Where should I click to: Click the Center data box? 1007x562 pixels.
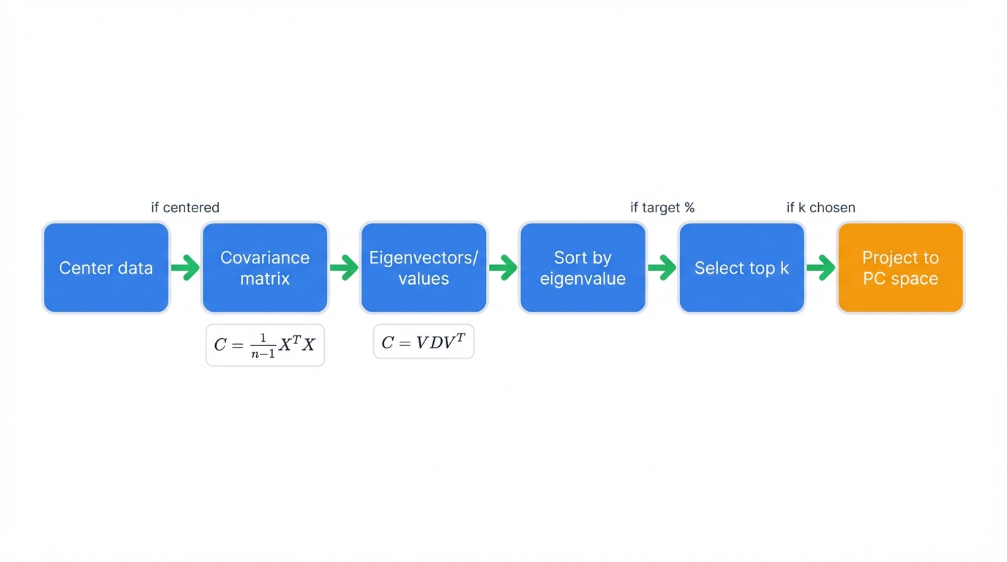pyautogui.click(x=106, y=268)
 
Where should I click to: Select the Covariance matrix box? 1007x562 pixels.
pyautogui.click(x=265, y=268)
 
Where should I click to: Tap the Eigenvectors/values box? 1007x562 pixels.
pyautogui.click(x=424, y=268)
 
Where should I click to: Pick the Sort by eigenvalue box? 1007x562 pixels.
pyautogui.click(x=583, y=268)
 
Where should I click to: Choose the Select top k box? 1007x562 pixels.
pyautogui.click(x=741, y=268)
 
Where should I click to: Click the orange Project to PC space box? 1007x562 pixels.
pyautogui.click(x=900, y=268)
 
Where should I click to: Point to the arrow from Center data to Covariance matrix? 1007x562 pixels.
pyautogui.click(x=186, y=268)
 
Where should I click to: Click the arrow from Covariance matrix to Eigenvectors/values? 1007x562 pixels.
pyautogui.click(x=345, y=268)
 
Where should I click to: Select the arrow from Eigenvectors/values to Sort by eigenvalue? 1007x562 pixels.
pyautogui.click(x=503, y=268)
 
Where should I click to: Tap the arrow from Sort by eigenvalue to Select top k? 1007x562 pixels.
pyautogui.click(x=662, y=268)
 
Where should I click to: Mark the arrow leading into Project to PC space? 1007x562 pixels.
pyautogui.click(x=821, y=268)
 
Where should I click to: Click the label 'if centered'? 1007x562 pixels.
pyautogui.click(x=185, y=208)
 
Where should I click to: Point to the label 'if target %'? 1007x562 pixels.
pyautogui.click(x=662, y=208)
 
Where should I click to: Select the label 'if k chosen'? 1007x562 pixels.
pyautogui.click(x=820, y=208)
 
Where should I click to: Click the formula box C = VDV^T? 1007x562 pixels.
pyautogui.click(x=424, y=342)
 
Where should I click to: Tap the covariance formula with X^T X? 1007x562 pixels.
pyautogui.click(x=265, y=345)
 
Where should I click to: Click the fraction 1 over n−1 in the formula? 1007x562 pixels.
pyautogui.click(x=263, y=345)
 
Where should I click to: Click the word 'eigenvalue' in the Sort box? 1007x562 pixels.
pyautogui.click(x=583, y=279)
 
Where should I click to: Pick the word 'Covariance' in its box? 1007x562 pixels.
pyautogui.click(x=265, y=258)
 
